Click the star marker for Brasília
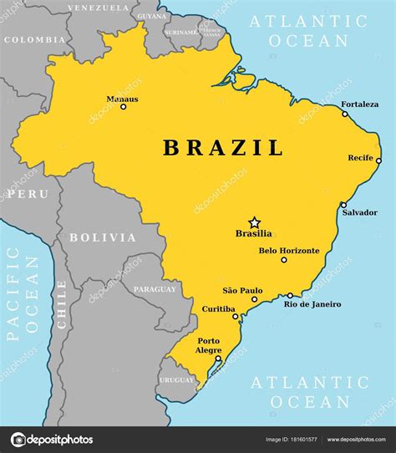(254, 223)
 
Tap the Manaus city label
(122, 99)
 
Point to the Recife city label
(360, 157)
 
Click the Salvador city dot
(343, 205)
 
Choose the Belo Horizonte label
(288, 250)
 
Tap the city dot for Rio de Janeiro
(290, 295)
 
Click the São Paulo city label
(241, 289)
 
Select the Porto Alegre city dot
(218, 359)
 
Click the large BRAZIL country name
(223, 149)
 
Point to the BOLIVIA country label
(103, 237)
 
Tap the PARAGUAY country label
(155, 289)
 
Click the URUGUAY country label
(176, 379)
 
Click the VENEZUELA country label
(98, 7)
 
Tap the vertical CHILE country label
(61, 305)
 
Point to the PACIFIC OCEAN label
(23, 298)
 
